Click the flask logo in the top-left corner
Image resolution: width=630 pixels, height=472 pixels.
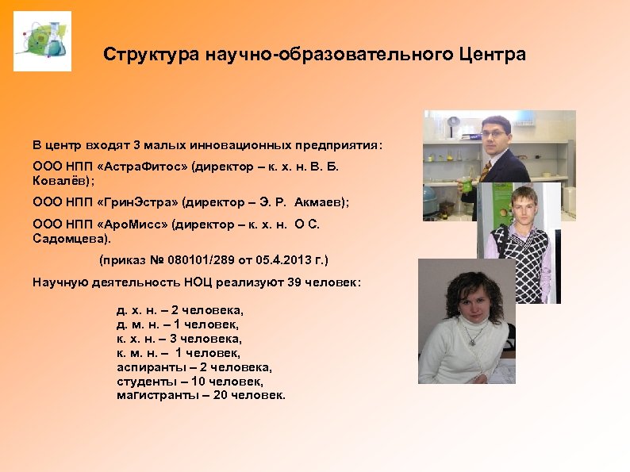(x=42, y=41)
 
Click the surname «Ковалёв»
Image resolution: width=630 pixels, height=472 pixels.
(x=59, y=180)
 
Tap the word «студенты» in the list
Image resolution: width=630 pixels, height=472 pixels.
(x=145, y=382)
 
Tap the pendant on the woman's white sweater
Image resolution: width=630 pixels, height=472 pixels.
(x=473, y=341)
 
